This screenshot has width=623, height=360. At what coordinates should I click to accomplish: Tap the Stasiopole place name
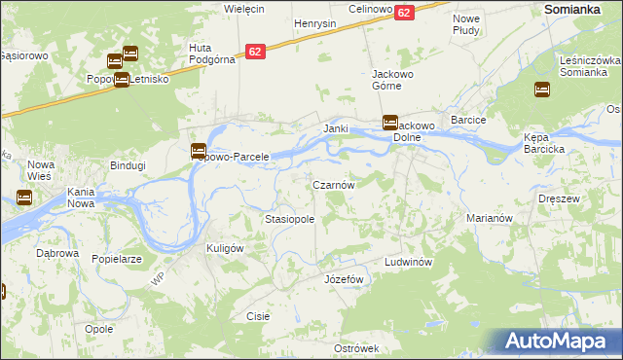coord(289,220)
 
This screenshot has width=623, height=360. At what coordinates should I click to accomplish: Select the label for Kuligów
coord(224,248)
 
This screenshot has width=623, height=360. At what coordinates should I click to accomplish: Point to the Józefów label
coord(343,279)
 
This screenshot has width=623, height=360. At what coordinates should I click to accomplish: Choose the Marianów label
coord(489,219)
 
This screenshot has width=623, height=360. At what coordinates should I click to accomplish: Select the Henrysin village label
coord(314,22)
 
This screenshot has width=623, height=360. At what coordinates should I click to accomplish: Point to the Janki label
coord(336,128)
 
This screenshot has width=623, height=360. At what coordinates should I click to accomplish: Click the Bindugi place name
coord(128,165)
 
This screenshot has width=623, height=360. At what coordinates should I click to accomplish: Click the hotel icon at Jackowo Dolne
coord(389,123)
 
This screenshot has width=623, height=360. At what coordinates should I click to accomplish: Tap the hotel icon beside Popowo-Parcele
coord(198,151)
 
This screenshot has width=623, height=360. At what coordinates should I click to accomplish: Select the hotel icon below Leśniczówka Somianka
coord(541,90)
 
